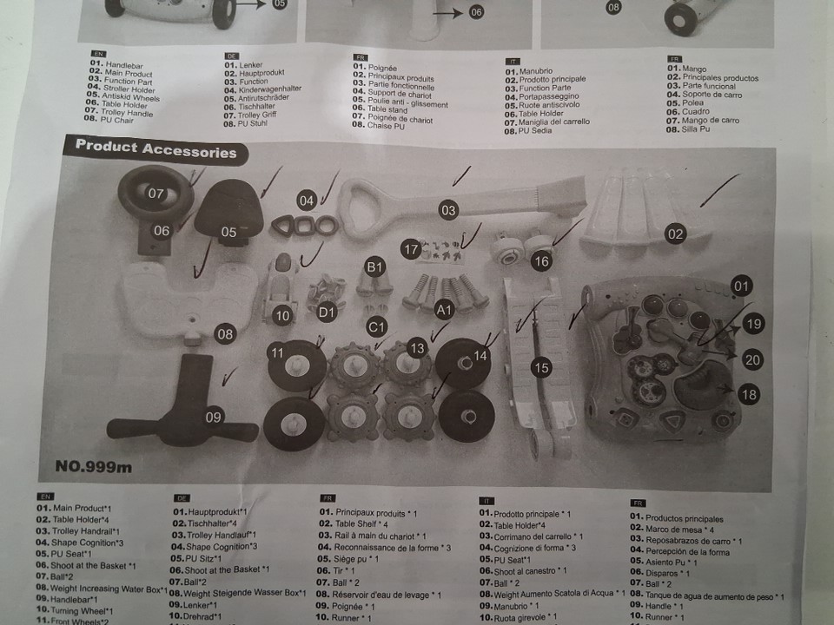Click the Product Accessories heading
[x=156, y=149]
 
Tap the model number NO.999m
[x=94, y=466]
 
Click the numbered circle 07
[x=156, y=193]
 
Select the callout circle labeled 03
[x=447, y=209]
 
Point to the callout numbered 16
[x=540, y=260]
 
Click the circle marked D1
[x=327, y=310]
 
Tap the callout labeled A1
[x=444, y=308]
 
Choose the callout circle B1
[x=374, y=267]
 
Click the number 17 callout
[x=411, y=249]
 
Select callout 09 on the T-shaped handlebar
[x=214, y=417]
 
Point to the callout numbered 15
[x=541, y=368]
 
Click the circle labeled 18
[x=748, y=394]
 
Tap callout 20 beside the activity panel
[x=752, y=359]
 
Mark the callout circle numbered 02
[x=675, y=233]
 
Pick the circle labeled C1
[x=375, y=326]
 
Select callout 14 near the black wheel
[x=480, y=354]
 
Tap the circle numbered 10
[x=281, y=316]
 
